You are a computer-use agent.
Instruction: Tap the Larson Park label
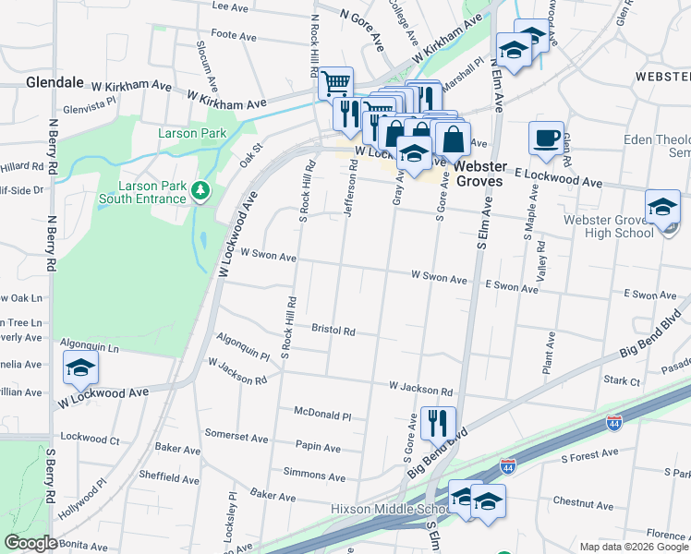[x=191, y=134]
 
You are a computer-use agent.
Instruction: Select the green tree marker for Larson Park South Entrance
[x=201, y=191]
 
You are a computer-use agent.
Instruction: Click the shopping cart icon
[x=335, y=84]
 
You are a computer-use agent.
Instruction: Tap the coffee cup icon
[x=546, y=138]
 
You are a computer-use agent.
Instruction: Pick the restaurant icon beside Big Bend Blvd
[x=438, y=423]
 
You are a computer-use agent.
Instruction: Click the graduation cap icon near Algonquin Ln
[x=80, y=369]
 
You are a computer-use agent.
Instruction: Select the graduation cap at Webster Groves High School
[x=662, y=207]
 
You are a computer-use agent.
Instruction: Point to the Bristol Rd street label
[x=333, y=330]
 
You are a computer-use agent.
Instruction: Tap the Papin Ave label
[x=319, y=448]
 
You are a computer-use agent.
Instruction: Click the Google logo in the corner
[x=30, y=543]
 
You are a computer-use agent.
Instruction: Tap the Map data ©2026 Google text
[x=633, y=547]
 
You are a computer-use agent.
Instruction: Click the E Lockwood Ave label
[x=559, y=178]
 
